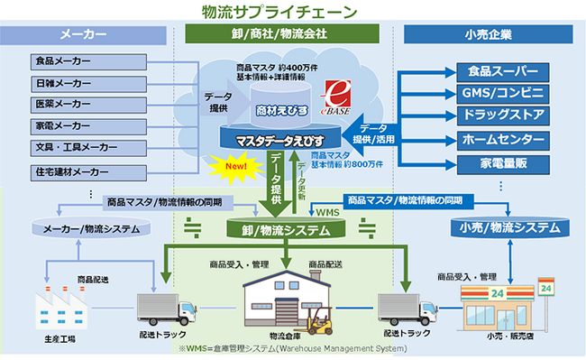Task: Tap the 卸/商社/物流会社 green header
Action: [280, 35]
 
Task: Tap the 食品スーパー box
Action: [502, 70]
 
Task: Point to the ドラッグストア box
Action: [502, 116]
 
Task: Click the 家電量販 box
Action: [502, 163]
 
